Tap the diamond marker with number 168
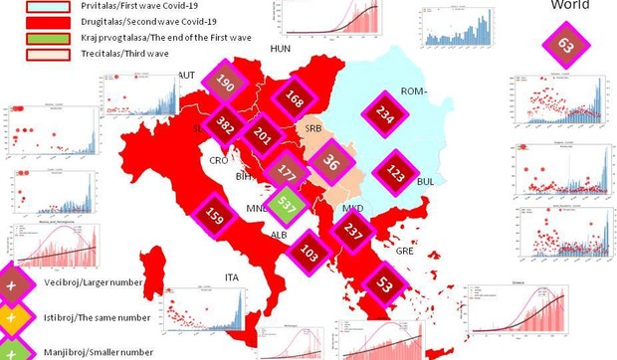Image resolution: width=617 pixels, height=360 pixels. pyautogui.click(x=294, y=99)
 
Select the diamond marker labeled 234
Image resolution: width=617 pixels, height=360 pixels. pyautogui.click(x=385, y=114)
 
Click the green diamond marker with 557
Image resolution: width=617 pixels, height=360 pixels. pyautogui.click(x=287, y=207)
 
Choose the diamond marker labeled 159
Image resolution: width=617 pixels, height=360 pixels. pyautogui.click(x=184, y=212)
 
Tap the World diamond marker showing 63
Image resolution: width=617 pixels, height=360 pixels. pyautogui.click(x=565, y=45)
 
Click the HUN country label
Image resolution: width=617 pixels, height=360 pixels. pyautogui.click(x=281, y=47)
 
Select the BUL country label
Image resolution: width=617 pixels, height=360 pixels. pyautogui.click(x=427, y=183)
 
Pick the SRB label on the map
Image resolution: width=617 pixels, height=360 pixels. pyautogui.click(x=312, y=128)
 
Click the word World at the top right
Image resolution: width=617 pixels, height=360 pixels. pyautogui.click(x=569, y=6)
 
